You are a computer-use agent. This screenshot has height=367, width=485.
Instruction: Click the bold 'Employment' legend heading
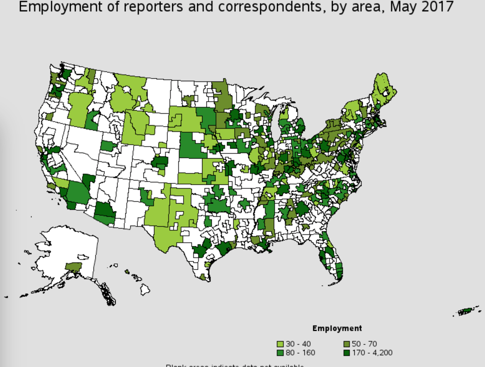click(337, 328)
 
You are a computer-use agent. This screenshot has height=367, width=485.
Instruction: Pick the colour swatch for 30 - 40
click(281, 344)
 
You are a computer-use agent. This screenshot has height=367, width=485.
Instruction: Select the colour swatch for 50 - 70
click(346, 344)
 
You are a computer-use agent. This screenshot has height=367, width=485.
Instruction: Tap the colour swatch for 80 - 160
click(281, 353)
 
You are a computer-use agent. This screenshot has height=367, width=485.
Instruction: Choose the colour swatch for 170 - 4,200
click(346, 353)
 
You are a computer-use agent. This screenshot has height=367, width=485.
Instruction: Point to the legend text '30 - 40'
click(298, 344)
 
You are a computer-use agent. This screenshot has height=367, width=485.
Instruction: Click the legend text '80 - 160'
click(300, 353)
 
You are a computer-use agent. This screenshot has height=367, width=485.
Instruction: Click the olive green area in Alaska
click(74, 266)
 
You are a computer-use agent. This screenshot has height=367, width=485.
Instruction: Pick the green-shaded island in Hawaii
click(127, 272)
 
